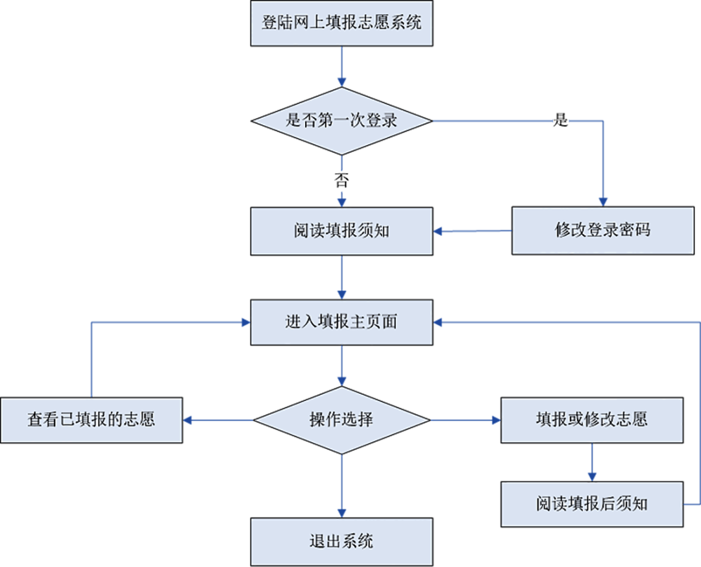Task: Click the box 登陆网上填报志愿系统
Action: pyautogui.click(x=341, y=23)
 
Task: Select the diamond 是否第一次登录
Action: pyautogui.click(x=341, y=121)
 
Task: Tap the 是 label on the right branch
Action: pyautogui.click(x=560, y=121)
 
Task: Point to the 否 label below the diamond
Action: pyautogui.click(x=341, y=180)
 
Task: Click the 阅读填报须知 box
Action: pyautogui.click(x=341, y=231)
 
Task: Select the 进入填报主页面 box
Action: pyautogui.click(x=341, y=322)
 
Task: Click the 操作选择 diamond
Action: pyautogui.click(x=341, y=420)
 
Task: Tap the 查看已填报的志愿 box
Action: pyautogui.click(x=91, y=420)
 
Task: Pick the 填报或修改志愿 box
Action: pyautogui.click(x=591, y=420)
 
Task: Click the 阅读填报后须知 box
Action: pyautogui.click(x=591, y=504)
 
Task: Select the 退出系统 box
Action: pyautogui.click(x=341, y=541)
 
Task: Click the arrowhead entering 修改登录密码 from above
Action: pyautogui.click(x=603, y=201)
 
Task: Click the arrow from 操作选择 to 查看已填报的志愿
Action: pyautogui.click(x=217, y=420)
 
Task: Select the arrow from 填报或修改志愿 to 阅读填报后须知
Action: pyautogui.click(x=591, y=462)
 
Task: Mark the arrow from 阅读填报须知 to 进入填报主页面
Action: pyautogui.click(x=341, y=277)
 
